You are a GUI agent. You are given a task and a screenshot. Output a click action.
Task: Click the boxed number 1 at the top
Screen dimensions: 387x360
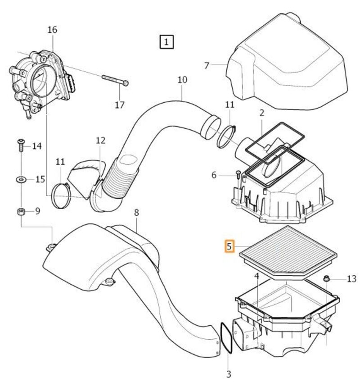pos(167,42)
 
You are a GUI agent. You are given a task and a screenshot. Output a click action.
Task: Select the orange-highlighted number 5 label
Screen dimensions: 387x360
pos(230,246)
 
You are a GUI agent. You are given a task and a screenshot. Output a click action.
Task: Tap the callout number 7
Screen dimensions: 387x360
pos(207,65)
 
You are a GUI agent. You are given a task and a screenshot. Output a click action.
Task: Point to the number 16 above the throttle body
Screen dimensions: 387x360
pos(52,30)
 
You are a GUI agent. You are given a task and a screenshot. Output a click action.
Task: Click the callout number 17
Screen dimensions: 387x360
pos(119,105)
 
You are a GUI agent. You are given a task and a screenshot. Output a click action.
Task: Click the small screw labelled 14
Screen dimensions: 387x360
pos(21,145)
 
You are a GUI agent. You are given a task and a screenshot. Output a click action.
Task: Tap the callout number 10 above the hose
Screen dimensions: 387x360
pos(182,80)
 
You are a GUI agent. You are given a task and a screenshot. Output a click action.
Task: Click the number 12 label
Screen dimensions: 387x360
pos(100,140)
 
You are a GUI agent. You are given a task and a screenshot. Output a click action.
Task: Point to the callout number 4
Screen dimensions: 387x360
pos(256,276)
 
